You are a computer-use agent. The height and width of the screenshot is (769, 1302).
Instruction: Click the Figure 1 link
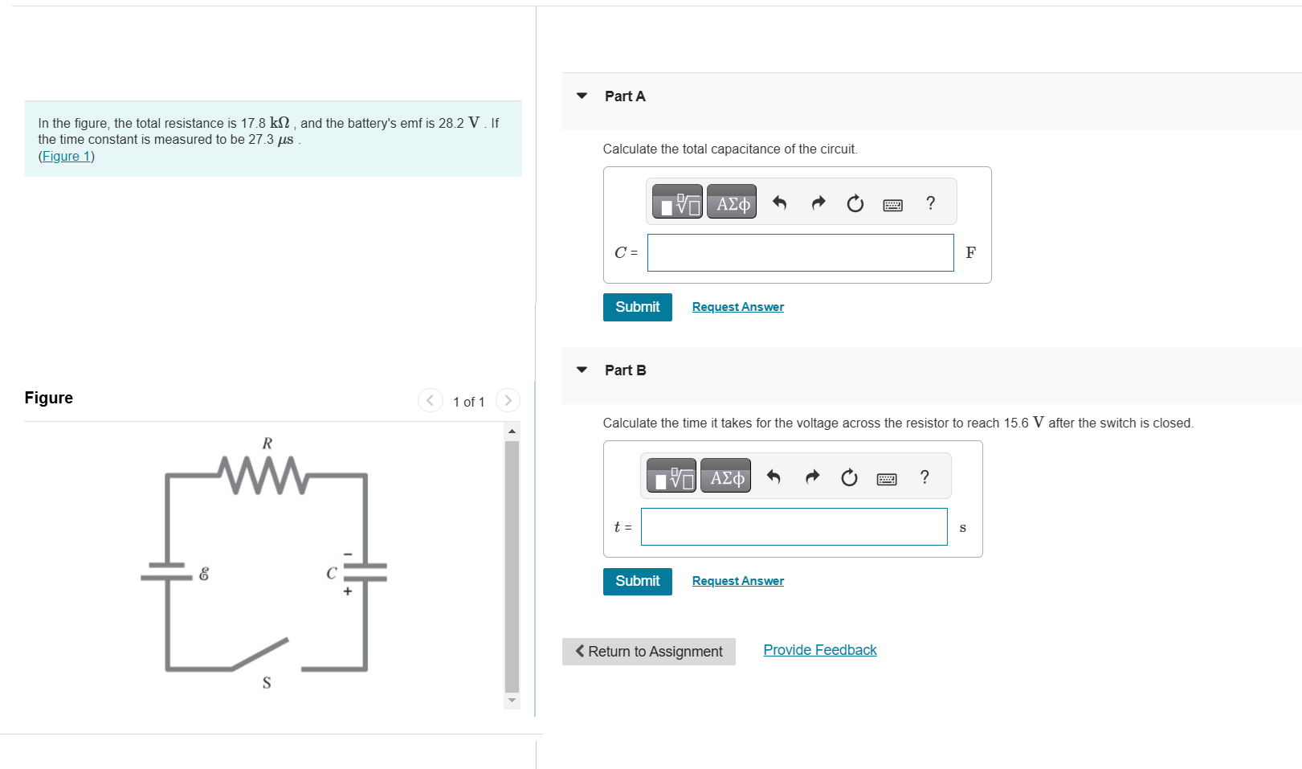pos(66,156)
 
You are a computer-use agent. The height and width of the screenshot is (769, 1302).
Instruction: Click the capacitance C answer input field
pos(800,252)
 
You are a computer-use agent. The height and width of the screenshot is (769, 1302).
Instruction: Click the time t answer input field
pos(794,526)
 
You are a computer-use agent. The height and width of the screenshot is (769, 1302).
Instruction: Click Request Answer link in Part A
pos(737,306)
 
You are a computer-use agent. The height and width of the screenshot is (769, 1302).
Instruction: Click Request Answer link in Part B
pos(737,580)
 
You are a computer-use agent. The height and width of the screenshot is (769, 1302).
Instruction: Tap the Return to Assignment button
pos(649,652)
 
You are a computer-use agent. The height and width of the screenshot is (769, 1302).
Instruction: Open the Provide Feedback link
pos(819,650)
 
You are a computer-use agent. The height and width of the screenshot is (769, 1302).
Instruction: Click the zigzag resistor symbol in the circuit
pos(263,475)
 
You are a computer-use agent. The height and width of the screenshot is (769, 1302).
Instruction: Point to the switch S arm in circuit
pos(259,654)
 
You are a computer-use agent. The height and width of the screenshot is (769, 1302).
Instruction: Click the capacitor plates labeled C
pos(365,572)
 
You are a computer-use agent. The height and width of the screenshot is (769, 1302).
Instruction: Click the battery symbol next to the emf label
pos(167,571)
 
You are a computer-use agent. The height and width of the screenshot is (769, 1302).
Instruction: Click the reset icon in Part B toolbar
pos(849,477)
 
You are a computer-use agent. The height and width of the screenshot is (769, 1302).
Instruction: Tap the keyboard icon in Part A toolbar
pos(893,205)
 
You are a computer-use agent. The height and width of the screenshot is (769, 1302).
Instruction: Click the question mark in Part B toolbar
pos(924,477)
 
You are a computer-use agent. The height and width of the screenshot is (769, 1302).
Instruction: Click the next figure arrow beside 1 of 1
pos(508,400)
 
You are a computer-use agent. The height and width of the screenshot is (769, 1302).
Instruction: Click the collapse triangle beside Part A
pos(582,96)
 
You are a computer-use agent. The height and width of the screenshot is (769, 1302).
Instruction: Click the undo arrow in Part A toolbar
pos(779,202)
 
